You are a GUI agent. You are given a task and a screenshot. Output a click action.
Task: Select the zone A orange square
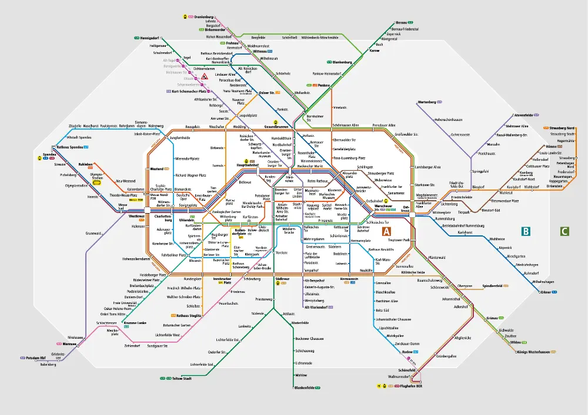click(386, 232)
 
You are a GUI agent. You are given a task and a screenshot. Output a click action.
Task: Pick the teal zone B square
click(526, 231)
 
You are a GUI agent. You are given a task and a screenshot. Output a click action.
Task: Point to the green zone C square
click(564, 231)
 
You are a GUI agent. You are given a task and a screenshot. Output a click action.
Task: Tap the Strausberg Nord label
click(562, 128)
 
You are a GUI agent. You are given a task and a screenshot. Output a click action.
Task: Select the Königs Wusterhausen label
click(533, 352)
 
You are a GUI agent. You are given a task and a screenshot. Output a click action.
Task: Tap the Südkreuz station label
click(281, 278)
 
